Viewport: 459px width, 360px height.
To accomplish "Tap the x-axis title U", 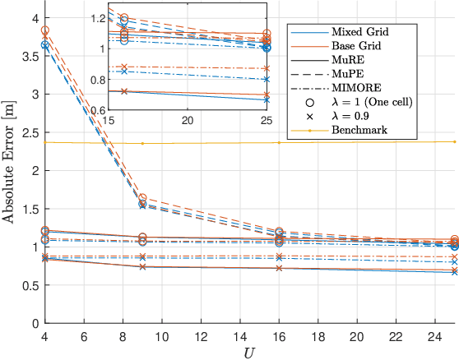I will [x=249, y=353].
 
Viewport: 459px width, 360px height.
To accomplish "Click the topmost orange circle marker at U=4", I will [x=45, y=30].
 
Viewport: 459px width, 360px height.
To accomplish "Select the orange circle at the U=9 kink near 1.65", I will [x=142, y=198].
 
